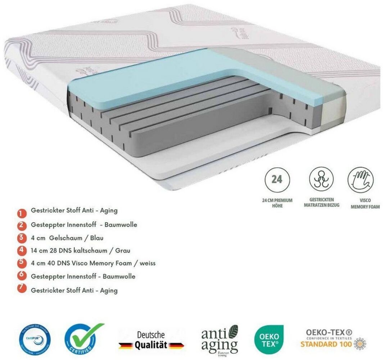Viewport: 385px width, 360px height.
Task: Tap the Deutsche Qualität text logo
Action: (x=151, y=340)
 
